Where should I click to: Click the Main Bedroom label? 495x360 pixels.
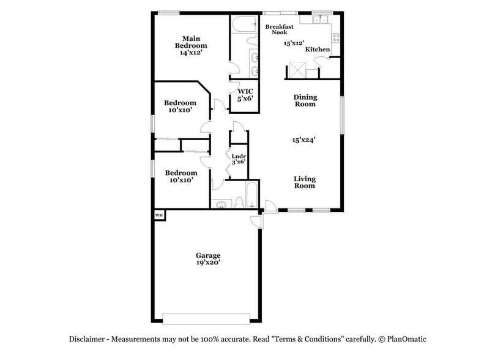pos(191,41)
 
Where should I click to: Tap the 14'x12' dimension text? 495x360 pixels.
pos(191,53)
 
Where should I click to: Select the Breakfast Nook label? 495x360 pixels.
pos(279,29)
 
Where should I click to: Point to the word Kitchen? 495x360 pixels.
pos(318,50)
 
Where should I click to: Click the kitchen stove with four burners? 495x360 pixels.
pos(335,39)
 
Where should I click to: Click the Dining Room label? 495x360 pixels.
pos(305,100)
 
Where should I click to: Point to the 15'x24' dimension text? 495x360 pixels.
pos(304,140)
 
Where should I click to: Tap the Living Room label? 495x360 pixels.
pos(304,182)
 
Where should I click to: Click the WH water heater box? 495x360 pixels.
pos(158,215)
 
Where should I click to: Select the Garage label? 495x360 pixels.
pos(208,255)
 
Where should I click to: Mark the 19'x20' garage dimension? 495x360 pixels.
pos(208,263)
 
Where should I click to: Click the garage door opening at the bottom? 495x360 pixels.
pos(206,318)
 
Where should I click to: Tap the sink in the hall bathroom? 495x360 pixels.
pos(221,203)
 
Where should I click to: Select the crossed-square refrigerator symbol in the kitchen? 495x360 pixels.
pos(297,70)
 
